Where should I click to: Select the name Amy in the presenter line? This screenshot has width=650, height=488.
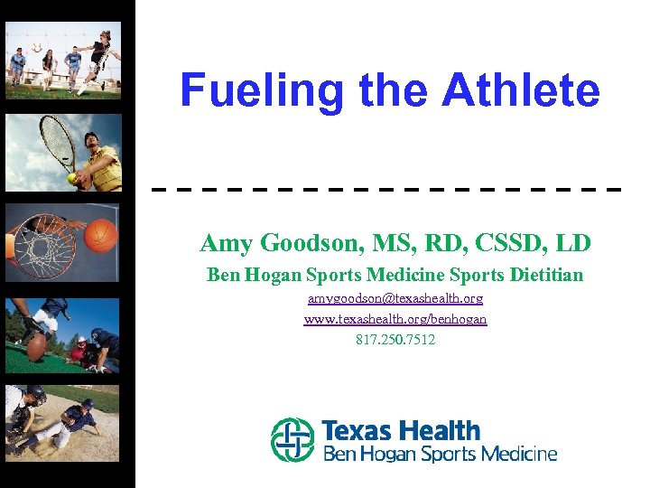coord(226,243)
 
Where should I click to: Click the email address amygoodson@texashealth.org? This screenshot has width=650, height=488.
coord(395,297)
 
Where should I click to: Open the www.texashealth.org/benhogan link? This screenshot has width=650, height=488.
coord(395,319)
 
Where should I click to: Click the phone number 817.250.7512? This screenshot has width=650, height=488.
coord(395,340)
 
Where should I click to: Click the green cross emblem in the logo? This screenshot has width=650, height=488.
coord(292,439)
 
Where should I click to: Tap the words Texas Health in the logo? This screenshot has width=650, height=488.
coord(401,430)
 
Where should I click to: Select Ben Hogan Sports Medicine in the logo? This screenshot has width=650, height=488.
coord(440,454)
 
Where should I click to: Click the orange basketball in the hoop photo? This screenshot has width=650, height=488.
coord(101,235)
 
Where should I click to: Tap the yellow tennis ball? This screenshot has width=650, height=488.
coord(72,179)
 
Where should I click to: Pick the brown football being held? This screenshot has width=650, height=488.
coord(37,345)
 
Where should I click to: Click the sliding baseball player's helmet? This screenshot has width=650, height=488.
coord(88,404)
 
